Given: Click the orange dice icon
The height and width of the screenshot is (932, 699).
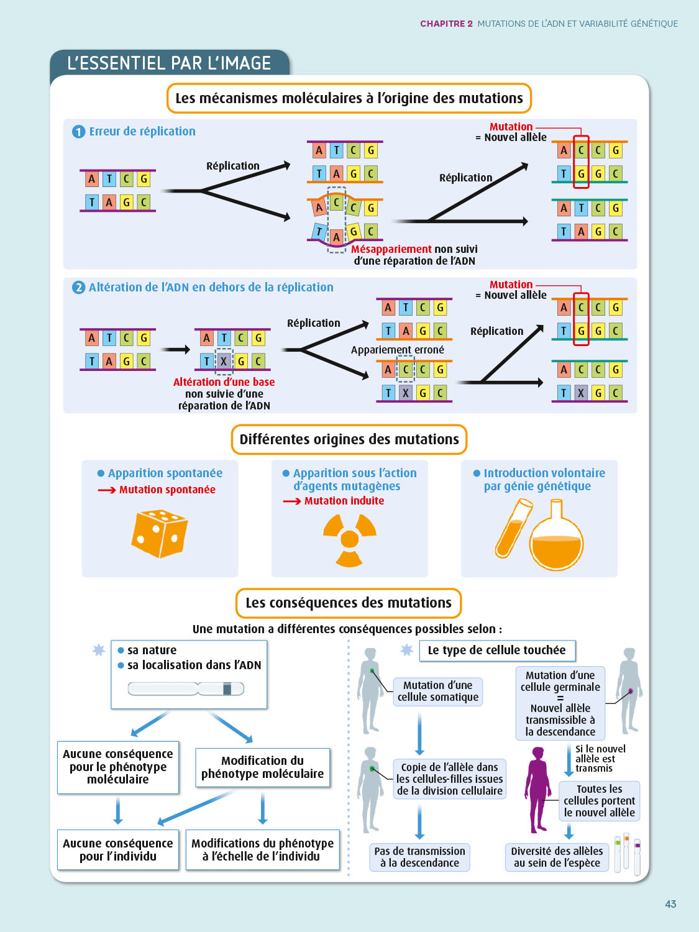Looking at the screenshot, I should tap(160, 533).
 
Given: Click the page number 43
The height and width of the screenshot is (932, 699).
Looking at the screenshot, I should tap(670, 904).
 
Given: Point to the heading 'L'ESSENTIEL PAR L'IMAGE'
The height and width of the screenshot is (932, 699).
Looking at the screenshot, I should tap(169, 63).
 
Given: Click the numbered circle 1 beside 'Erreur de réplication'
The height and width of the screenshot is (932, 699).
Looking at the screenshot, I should tap(78, 132).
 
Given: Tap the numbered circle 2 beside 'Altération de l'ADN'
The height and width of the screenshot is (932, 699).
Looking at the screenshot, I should tap(78, 288).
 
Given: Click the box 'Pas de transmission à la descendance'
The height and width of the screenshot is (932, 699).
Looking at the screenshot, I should tap(419, 857).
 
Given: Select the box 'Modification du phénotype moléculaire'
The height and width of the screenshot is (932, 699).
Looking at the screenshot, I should tap(262, 767).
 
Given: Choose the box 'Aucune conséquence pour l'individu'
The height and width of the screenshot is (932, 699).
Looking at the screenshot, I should tap(118, 849).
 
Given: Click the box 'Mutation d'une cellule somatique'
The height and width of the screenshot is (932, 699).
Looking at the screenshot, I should tap(438, 691).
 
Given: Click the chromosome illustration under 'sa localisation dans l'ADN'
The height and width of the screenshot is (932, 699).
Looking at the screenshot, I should tap(186, 688).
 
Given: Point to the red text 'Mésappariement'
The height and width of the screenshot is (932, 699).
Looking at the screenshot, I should tap(391, 249).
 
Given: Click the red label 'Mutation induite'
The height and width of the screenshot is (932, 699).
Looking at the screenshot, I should tap(344, 501).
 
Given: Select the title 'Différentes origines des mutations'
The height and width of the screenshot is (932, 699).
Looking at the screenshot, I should tap(349, 439).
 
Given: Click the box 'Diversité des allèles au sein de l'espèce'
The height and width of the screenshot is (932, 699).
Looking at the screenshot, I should tap(557, 857).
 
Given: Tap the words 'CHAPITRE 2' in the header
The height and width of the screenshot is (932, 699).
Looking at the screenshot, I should tap(446, 24).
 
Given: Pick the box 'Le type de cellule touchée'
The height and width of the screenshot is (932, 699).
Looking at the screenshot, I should tap(496, 650).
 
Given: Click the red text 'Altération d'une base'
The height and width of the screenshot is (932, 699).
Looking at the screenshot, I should tap(224, 382).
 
